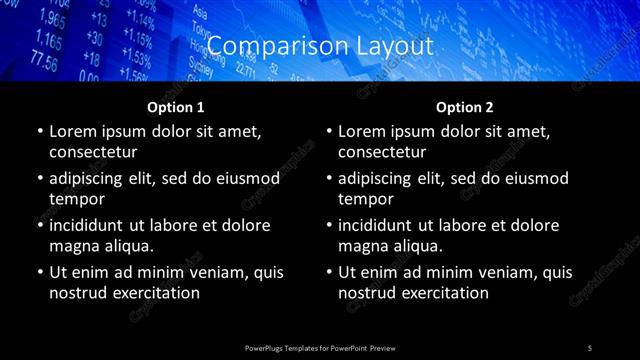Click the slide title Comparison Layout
319,46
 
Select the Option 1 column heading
176,107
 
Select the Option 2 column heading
465,107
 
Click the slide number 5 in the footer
590,347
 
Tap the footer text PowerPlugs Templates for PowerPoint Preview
320,347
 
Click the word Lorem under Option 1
71,132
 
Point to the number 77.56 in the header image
44,62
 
